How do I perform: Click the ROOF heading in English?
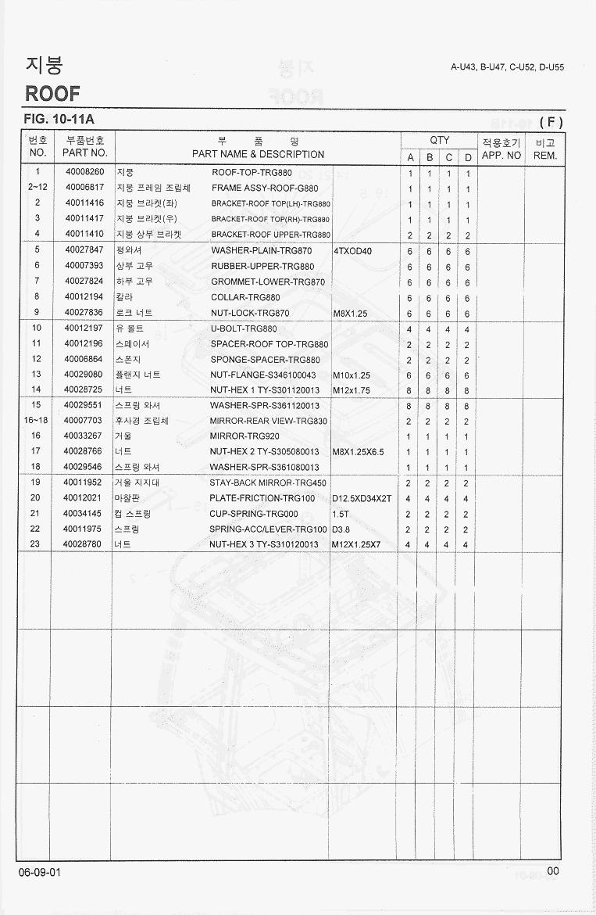(x=52, y=94)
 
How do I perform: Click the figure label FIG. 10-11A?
(x=59, y=120)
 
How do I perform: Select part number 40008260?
(x=84, y=172)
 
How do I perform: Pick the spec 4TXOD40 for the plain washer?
(x=353, y=251)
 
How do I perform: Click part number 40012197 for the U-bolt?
(x=84, y=328)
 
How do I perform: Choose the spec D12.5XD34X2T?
(x=362, y=498)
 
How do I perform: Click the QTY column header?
(x=440, y=141)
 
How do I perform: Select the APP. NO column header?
(x=501, y=155)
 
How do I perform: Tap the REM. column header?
(x=544, y=155)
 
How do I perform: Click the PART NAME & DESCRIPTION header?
(x=258, y=154)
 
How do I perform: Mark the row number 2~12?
(x=37, y=188)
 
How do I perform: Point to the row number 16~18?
(x=37, y=421)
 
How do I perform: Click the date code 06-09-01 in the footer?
(x=40, y=872)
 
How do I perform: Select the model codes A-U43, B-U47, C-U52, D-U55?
(x=507, y=67)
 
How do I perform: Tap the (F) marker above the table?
(x=551, y=121)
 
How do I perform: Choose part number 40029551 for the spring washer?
(x=84, y=405)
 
